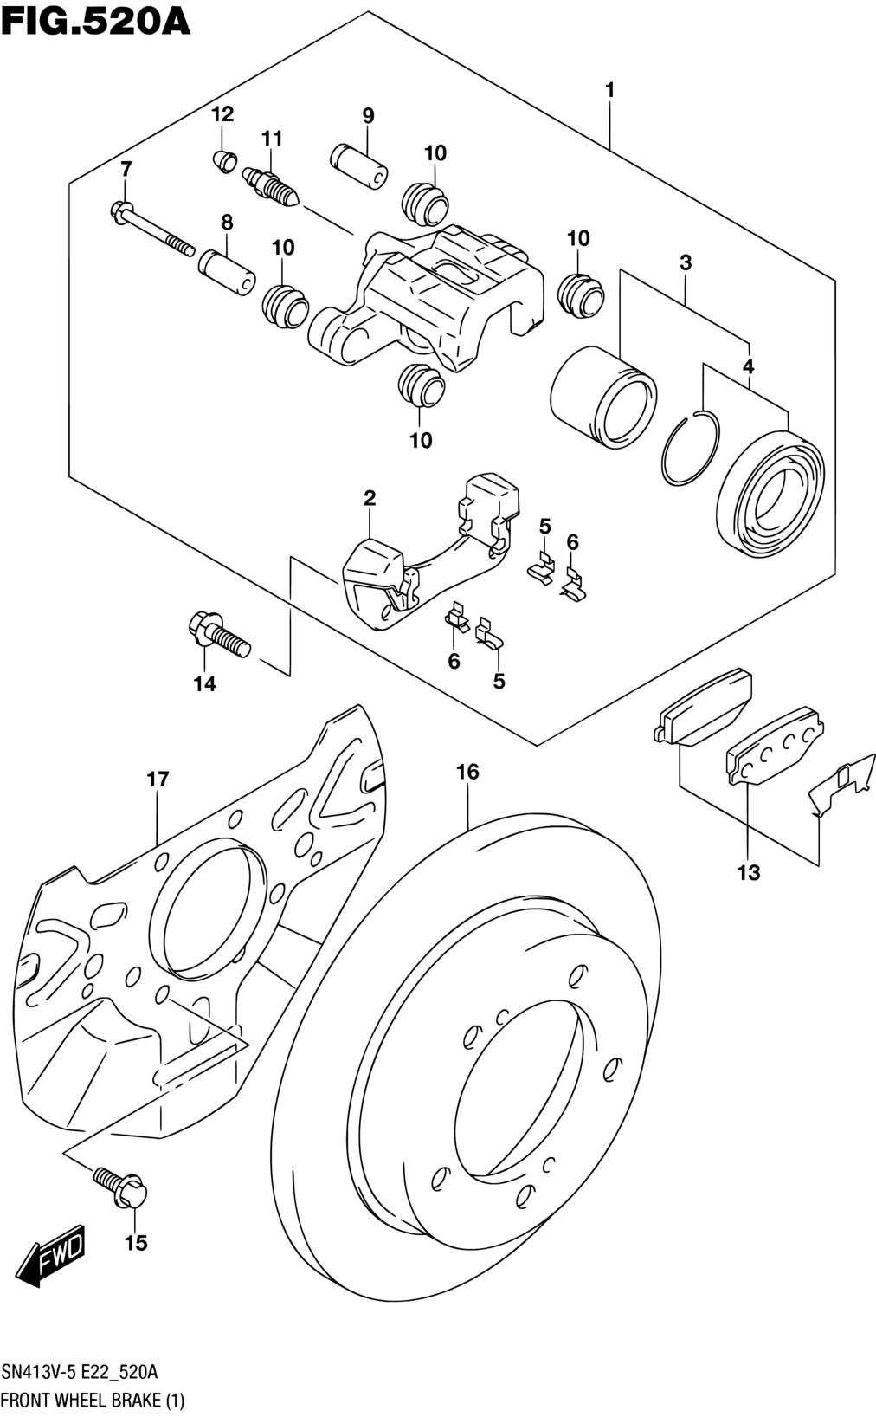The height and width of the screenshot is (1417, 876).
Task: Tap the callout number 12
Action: coord(222,113)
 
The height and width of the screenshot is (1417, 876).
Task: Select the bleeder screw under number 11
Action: coord(270,184)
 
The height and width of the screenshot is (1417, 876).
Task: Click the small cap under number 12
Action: coord(223,161)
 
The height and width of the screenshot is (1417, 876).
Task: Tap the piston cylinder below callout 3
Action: coord(603,398)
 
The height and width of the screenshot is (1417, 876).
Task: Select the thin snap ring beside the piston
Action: coord(690,448)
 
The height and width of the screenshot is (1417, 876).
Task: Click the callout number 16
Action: coord(468,772)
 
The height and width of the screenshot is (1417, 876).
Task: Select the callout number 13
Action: coord(749,873)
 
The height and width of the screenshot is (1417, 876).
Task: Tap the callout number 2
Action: coord(370,498)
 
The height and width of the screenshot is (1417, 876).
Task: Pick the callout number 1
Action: coord(610,90)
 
